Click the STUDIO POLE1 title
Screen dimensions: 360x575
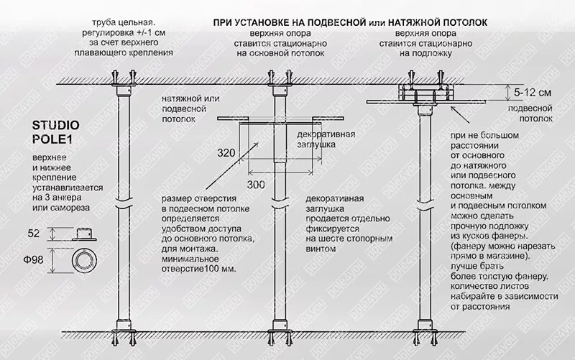click(x=56, y=131)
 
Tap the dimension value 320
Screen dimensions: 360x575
click(x=226, y=152)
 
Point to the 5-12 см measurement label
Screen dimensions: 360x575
click(x=533, y=93)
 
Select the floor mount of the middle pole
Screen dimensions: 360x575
click(x=281, y=327)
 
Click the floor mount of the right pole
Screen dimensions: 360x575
click(x=429, y=327)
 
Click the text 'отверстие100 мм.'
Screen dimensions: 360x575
click(x=199, y=269)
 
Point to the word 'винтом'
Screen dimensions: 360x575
click(x=320, y=249)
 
